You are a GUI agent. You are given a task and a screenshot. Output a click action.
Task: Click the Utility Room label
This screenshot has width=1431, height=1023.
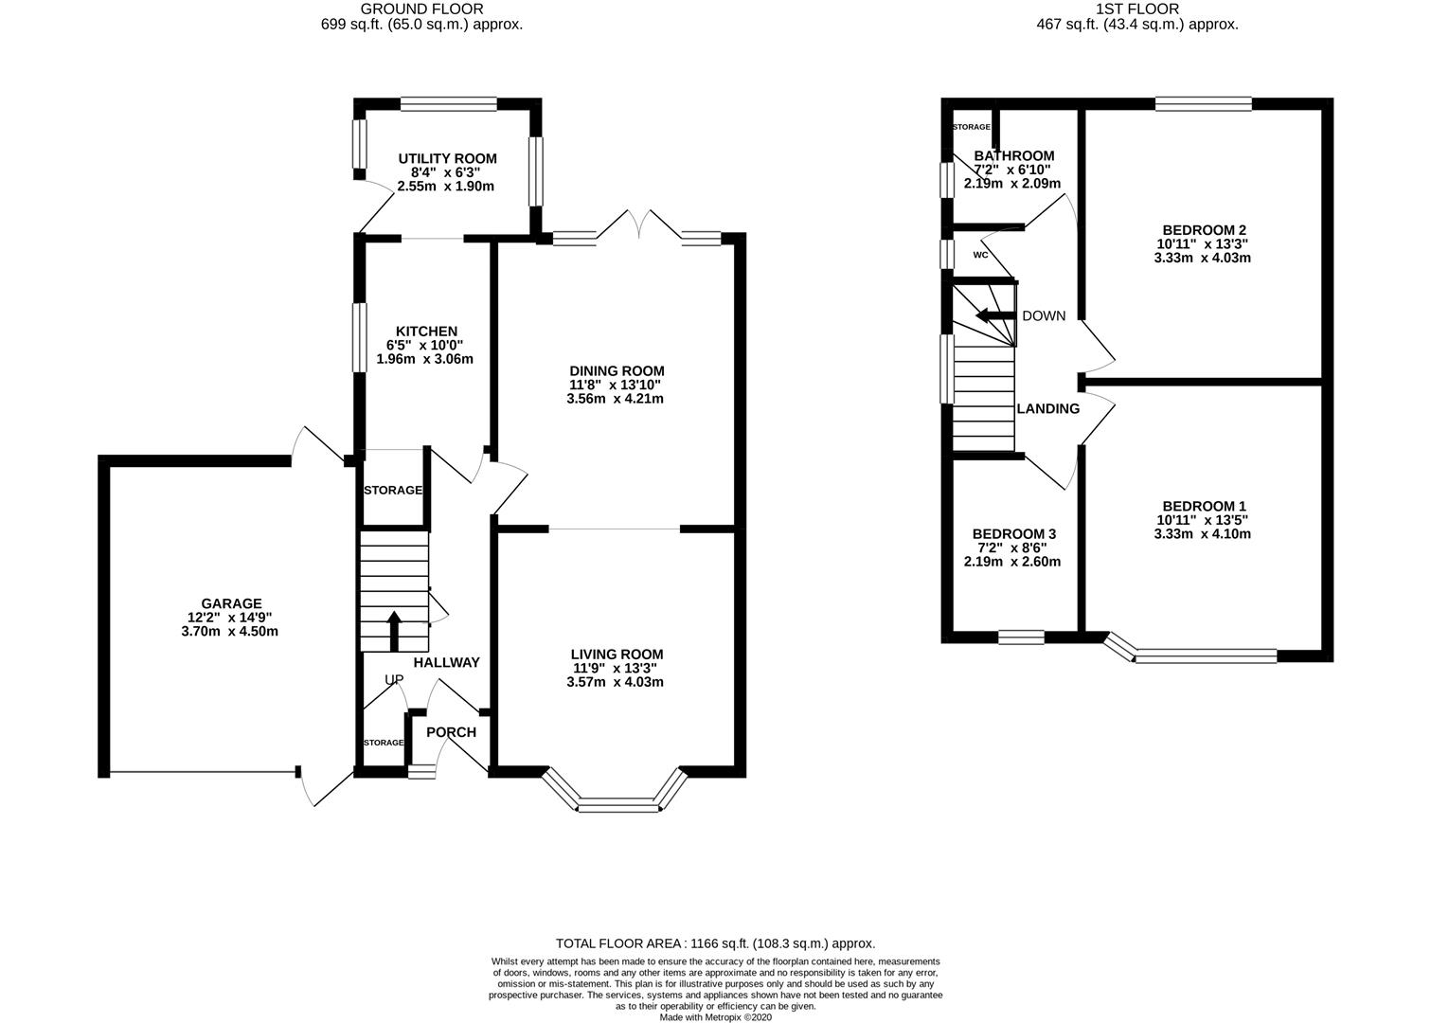pos(447,158)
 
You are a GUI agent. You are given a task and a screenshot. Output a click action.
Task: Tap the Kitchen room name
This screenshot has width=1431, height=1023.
pos(427,331)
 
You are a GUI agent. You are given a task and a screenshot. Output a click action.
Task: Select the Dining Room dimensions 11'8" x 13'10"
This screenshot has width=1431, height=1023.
pos(616,385)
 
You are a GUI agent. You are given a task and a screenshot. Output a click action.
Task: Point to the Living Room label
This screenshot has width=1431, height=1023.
pos(617,654)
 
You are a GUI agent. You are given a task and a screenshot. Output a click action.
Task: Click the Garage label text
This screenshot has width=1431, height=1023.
pos(231,603)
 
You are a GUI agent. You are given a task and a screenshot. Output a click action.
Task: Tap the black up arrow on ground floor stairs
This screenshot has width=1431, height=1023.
pos(394,631)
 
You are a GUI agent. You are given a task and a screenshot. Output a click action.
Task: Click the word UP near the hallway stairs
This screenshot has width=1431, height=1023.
pos(394,679)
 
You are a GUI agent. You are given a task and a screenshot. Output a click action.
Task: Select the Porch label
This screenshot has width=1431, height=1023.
pos(451,732)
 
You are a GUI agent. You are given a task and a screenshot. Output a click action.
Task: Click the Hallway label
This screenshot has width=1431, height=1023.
pos(447,663)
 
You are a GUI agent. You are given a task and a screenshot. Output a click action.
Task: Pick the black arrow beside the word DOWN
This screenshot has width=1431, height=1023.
pos(995,315)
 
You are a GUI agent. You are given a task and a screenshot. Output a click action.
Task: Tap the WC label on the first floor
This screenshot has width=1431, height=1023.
pos(980,255)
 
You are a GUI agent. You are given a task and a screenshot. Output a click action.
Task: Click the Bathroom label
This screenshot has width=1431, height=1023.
pos(1014,155)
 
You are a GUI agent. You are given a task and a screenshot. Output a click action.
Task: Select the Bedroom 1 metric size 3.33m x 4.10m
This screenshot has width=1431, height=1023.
pos(1203,534)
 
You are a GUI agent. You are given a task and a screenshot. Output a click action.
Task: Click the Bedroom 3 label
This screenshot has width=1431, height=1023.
pos(1014,533)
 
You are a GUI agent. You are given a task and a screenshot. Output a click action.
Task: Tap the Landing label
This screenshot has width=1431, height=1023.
pos(1048,408)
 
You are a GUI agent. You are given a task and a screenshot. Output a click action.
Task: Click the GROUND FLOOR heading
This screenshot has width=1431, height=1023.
pos(421,9)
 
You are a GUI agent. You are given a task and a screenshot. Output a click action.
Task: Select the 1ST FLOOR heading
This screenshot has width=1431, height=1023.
pos(1137,9)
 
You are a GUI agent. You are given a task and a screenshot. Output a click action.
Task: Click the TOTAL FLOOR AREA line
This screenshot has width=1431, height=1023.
pos(716,943)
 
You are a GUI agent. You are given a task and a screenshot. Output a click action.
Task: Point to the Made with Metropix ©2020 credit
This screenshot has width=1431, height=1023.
pos(716,1017)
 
